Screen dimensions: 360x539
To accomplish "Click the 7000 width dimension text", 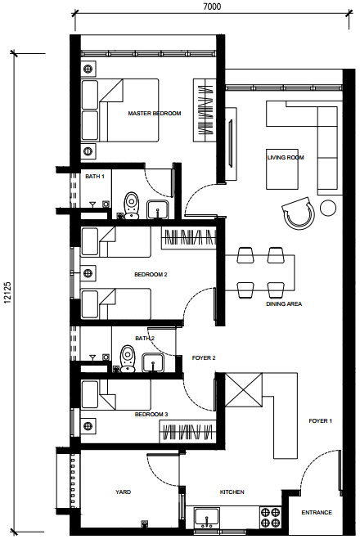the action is pos(212,7).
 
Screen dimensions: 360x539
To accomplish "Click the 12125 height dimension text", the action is pos(8,293).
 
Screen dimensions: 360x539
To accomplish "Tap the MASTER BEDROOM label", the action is pos(155,113).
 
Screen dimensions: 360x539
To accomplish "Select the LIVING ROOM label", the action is pos(286,157).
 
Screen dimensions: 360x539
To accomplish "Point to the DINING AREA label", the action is pos(284,304).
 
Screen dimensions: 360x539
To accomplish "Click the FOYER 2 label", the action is pos(204,358).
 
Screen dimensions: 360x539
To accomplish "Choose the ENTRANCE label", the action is pos(317,512).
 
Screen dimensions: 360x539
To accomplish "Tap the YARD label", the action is pos(123,492).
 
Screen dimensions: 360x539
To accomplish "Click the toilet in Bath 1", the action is pos(132,205).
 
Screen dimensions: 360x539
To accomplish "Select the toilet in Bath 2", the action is pos(128,359).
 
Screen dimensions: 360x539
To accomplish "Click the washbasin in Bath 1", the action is pos(157,209).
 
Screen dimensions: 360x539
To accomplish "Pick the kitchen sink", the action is pos(207,517).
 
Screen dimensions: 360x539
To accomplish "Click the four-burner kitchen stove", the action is pos(270,518).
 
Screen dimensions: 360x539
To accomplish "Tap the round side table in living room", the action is pos(328,208).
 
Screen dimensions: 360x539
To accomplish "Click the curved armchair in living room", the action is pos(298,213).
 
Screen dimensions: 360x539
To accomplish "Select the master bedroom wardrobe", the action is pos(205,110).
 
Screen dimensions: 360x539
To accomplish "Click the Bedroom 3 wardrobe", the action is pos(187,431).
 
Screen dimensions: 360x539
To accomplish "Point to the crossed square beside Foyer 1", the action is pos(244,390).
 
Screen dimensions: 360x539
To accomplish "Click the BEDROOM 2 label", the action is pos(151,274).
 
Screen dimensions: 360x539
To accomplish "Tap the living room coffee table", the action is pos(282,168).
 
